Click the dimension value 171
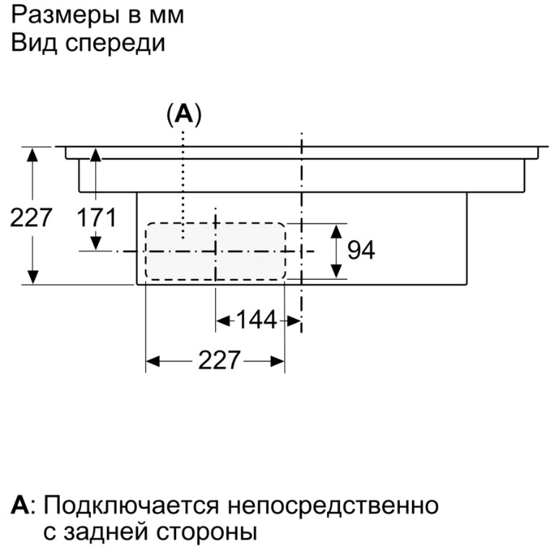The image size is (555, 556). (x=97, y=216)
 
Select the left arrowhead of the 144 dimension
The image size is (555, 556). (x=222, y=319)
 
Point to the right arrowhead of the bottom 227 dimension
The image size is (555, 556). (x=279, y=360)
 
